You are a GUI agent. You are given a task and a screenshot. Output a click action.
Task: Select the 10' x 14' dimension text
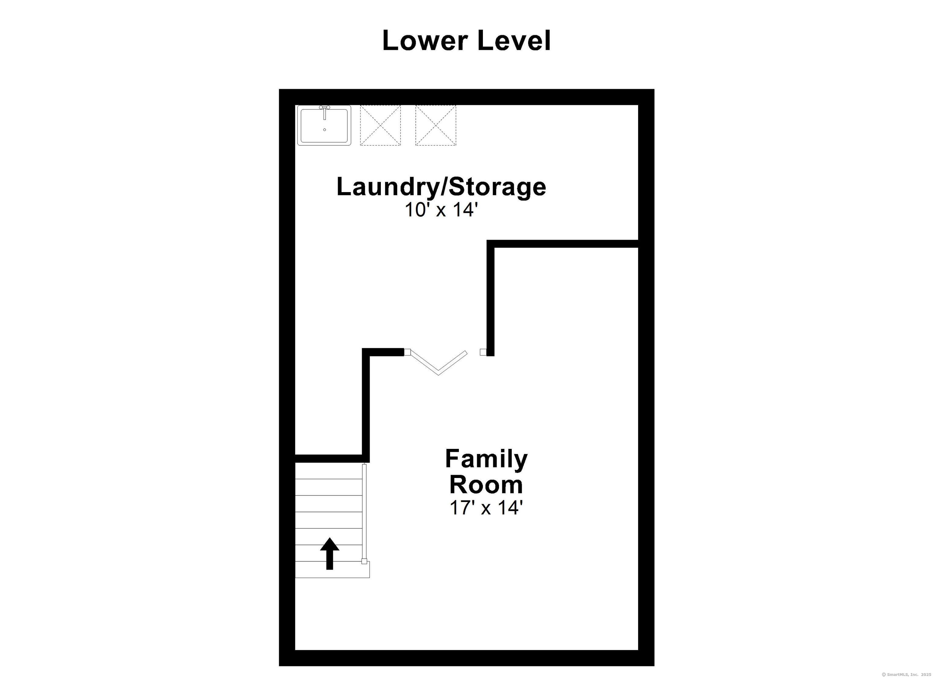coord(441,210)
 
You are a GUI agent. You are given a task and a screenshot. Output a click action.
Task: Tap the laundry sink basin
coord(324,125)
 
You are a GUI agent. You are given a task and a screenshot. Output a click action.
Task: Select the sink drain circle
coord(325,130)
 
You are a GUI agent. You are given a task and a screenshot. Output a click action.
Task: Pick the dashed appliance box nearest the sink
coord(380,125)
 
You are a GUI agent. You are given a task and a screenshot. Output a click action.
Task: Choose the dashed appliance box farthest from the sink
coord(436,125)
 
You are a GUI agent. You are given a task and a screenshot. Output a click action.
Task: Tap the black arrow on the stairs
coord(330,554)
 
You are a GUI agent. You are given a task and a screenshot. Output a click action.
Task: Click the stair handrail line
coord(364,512)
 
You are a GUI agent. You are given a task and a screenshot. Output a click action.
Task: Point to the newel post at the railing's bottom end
coord(364,561)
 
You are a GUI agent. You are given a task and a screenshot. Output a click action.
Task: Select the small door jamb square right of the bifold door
coord(484,352)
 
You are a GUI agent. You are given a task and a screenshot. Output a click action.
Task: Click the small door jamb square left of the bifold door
coord(407,352)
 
